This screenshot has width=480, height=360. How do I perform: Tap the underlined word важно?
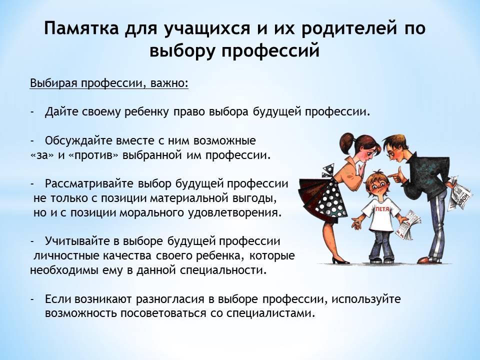168,83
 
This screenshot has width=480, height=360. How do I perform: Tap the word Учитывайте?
78,241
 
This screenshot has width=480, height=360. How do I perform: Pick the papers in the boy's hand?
408,225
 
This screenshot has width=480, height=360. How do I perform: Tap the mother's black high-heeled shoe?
340,260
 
